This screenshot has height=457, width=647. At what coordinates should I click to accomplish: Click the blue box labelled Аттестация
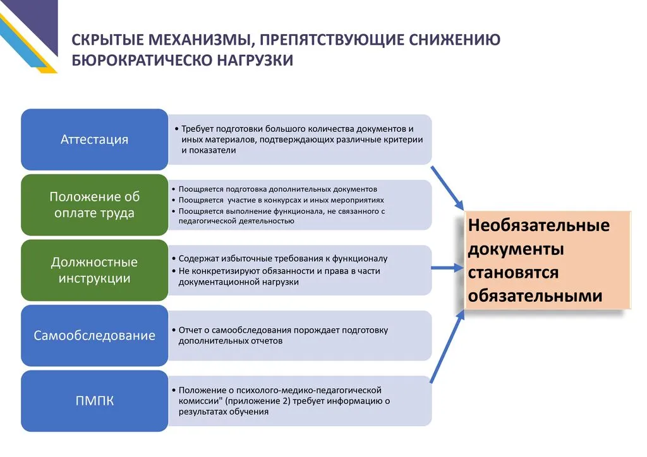tap(94, 139)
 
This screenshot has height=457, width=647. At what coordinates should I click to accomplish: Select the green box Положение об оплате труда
tap(94, 205)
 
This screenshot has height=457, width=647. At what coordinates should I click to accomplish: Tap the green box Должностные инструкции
tap(94, 270)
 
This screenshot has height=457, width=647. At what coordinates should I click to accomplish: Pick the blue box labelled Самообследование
tap(94, 335)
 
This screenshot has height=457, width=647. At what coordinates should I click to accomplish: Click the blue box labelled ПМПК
tap(94, 400)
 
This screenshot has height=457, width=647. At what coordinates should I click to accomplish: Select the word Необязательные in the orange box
tap(538, 225)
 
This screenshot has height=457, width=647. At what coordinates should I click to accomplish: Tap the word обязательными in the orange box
tap(535, 295)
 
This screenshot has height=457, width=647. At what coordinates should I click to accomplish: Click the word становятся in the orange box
tap(513, 272)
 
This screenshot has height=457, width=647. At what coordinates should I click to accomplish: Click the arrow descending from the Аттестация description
tap(447, 187)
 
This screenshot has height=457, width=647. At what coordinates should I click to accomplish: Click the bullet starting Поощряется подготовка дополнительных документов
tap(277, 189)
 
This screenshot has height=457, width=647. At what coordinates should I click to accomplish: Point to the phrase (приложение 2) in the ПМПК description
tap(255, 401)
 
